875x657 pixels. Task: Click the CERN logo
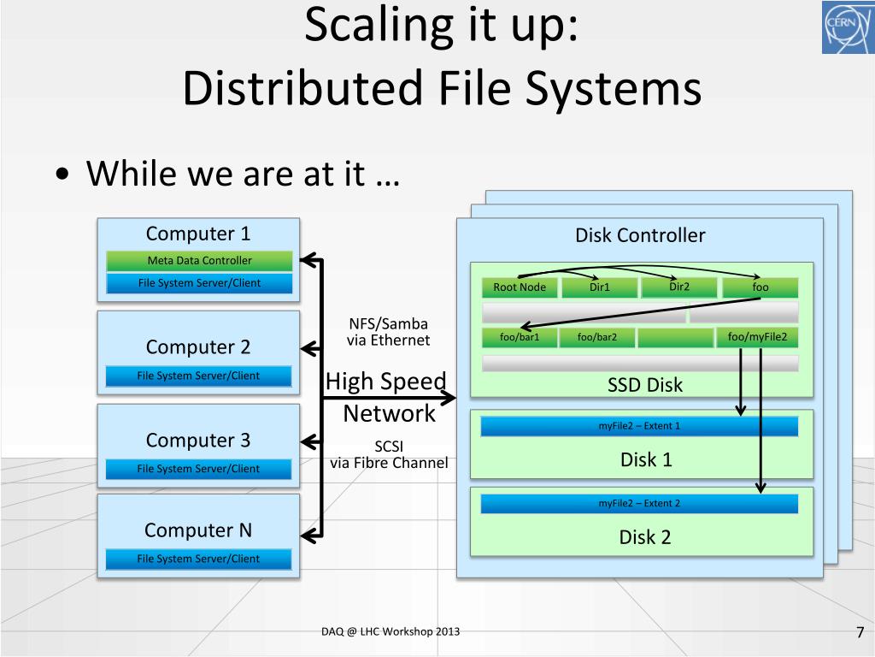point(847,27)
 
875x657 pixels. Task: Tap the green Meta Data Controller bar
point(199,260)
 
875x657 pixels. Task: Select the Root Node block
point(520,287)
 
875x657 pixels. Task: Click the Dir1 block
point(600,287)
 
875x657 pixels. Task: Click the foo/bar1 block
point(520,338)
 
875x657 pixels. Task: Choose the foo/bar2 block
point(597,338)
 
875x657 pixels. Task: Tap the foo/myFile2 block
point(757,337)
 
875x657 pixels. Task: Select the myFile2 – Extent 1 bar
point(639,426)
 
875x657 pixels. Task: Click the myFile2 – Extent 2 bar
point(639,504)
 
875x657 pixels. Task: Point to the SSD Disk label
point(645,385)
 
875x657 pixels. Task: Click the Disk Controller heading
point(640,235)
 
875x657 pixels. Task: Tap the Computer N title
point(198,530)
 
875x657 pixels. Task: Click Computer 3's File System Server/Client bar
point(198,469)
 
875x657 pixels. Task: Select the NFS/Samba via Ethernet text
point(388,332)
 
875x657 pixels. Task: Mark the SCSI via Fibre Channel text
point(389,454)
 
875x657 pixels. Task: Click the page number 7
point(860,632)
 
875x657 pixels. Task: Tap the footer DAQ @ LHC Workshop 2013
point(385,631)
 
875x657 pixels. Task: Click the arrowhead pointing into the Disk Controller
point(449,398)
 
